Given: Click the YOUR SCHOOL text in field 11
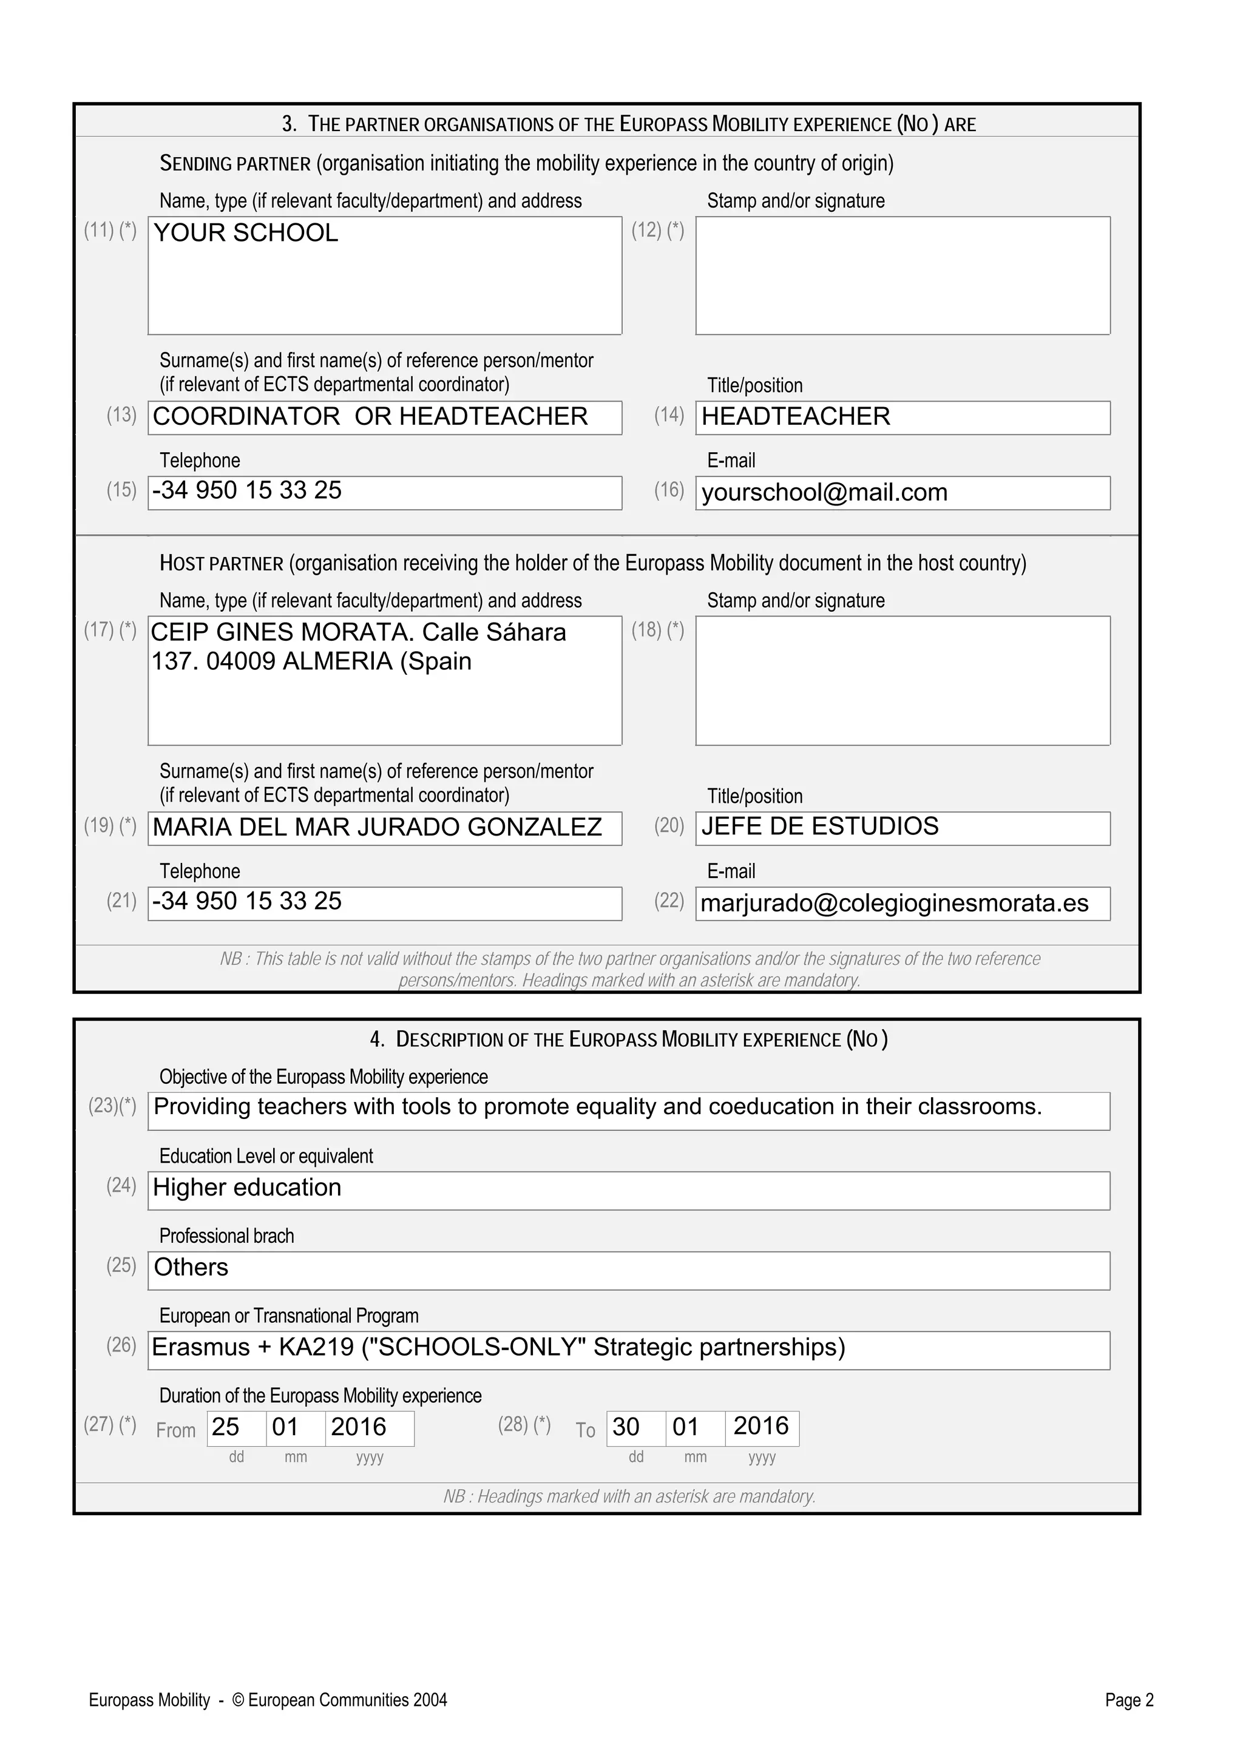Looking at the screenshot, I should point(245,233).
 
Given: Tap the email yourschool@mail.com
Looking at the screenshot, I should point(824,492).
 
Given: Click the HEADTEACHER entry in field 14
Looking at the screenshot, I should point(796,416).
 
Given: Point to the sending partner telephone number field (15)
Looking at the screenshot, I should point(384,492).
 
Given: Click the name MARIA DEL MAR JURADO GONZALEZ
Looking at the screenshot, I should point(377,827).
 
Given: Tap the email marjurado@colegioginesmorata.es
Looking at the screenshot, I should point(894,904).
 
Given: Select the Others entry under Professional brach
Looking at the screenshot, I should point(191,1267).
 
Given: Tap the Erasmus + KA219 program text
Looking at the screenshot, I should point(498,1348).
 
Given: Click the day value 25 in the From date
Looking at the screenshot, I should point(225,1427).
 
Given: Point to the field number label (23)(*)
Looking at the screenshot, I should point(112,1106).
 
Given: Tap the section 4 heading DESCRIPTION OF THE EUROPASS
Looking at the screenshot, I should point(628,1039).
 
